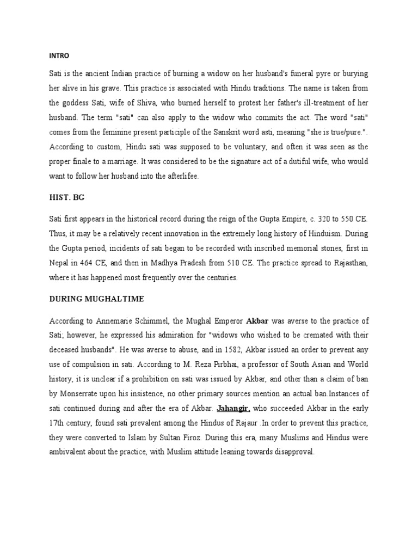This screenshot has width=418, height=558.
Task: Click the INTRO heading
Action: (x=58, y=56)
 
